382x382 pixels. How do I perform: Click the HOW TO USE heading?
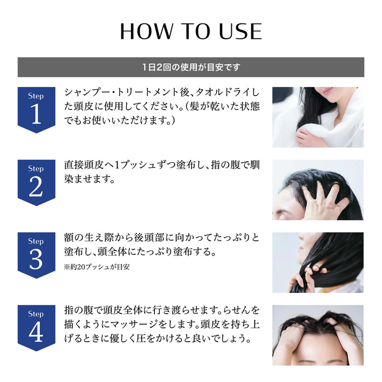click(x=191, y=31)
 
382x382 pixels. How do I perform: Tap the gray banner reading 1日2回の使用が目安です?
click(x=191, y=67)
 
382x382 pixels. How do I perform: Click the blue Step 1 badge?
click(x=36, y=109)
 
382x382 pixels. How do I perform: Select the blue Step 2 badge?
click(x=36, y=181)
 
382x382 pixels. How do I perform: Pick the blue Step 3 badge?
click(x=36, y=254)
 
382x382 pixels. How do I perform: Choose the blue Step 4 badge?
click(x=36, y=327)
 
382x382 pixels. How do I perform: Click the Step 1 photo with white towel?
click(x=318, y=117)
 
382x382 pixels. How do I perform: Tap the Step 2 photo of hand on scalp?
click(x=318, y=190)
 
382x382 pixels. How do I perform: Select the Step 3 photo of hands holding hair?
click(x=318, y=262)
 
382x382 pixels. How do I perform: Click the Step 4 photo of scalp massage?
click(x=318, y=335)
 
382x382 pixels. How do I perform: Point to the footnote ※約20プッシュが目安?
click(x=97, y=267)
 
